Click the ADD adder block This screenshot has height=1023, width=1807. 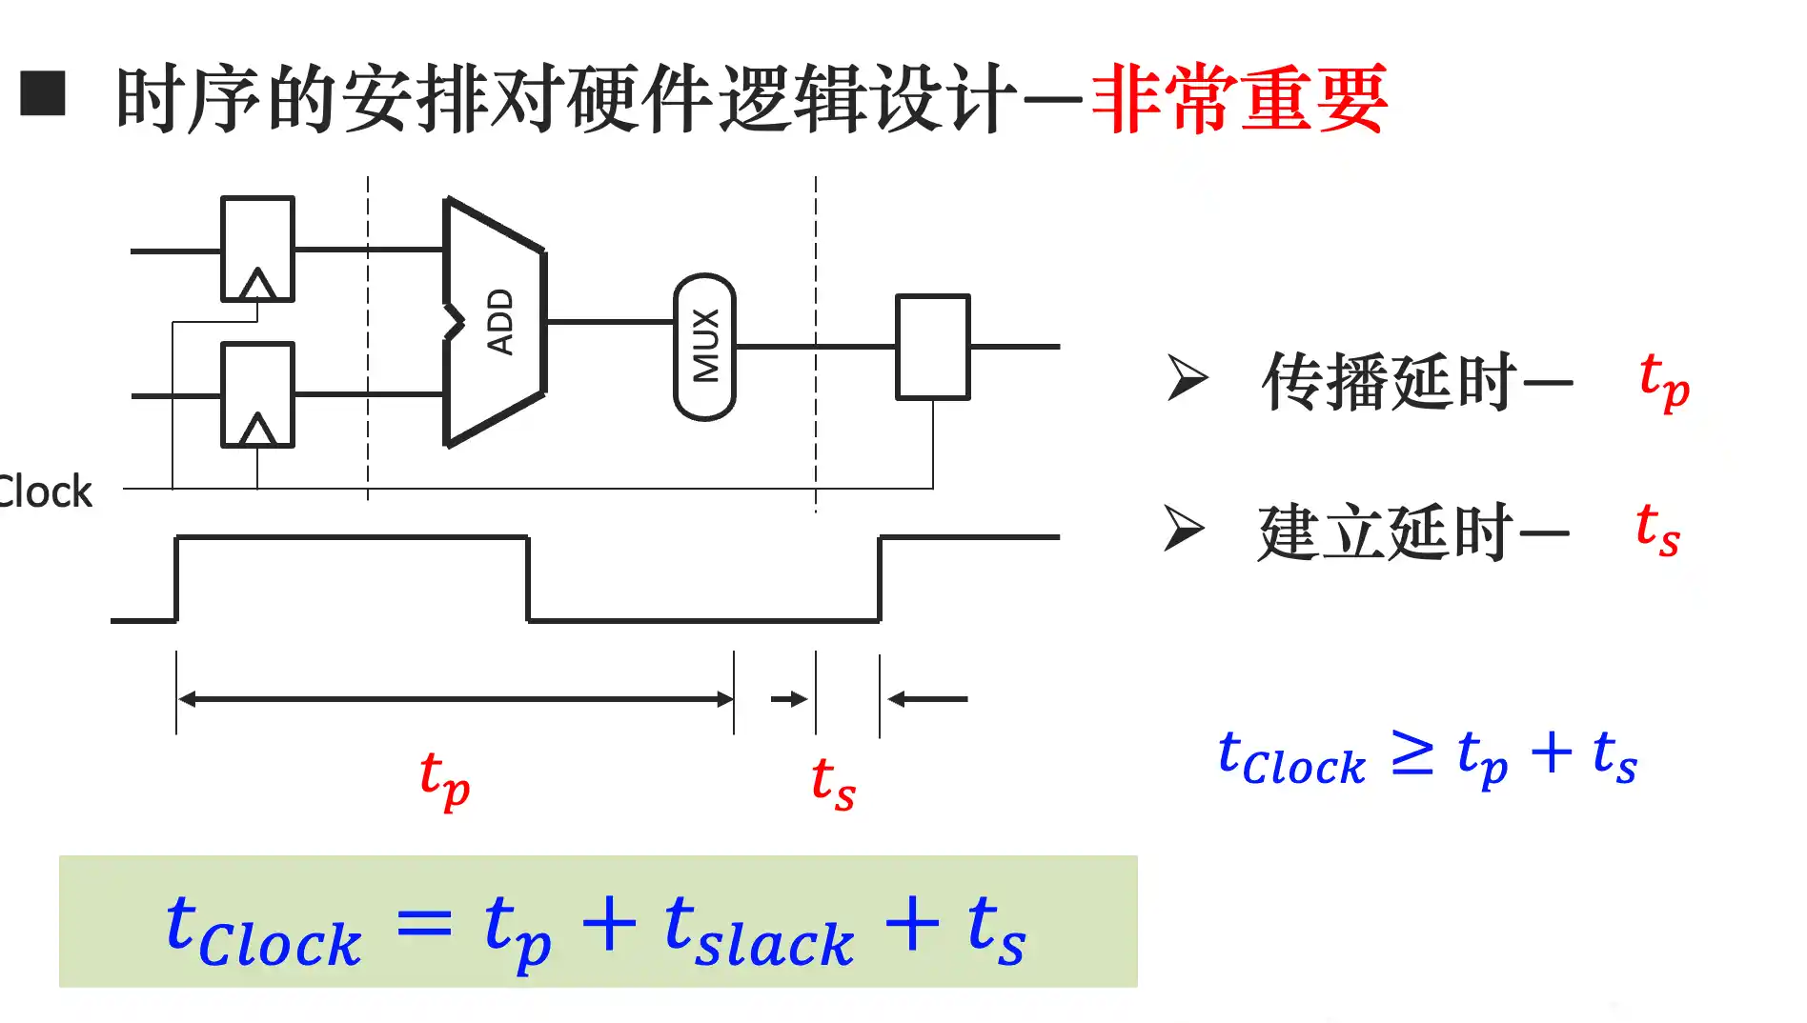coord(496,322)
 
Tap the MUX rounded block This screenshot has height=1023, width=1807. coord(705,347)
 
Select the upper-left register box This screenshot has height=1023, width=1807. coord(257,250)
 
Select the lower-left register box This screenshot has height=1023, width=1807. coord(257,394)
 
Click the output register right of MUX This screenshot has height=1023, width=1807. coord(933,347)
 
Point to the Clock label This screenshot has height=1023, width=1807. coord(45,492)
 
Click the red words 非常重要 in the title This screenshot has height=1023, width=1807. coord(1239,99)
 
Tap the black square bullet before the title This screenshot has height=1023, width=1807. coord(43,92)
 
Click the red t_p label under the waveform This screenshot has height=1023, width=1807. coord(445,779)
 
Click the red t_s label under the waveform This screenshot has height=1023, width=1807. coord(833,782)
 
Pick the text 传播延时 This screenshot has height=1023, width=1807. coord(1389,382)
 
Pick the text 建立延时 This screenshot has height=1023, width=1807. coord(1385,532)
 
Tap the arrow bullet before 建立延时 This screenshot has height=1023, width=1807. coord(1185,529)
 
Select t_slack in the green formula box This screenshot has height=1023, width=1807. coord(759,932)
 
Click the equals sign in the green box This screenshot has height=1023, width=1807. coord(423,923)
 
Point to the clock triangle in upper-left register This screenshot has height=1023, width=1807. coord(257,284)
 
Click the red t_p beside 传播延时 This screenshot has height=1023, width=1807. coord(1664,381)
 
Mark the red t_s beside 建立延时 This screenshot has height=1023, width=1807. coord(1657,530)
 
